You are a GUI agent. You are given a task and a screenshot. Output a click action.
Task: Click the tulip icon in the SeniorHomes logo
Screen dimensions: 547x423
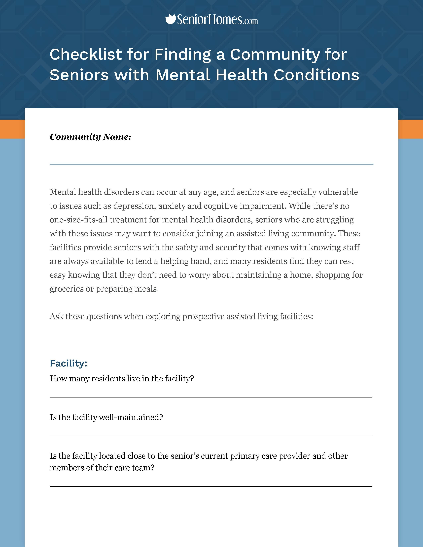click(171, 20)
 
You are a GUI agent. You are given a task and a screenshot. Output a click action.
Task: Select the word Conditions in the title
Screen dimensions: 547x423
click(316, 75)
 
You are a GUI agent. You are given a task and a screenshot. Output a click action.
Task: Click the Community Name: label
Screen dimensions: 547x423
click(90, 137)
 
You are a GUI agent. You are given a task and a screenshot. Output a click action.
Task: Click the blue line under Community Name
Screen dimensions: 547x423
click(211, 164)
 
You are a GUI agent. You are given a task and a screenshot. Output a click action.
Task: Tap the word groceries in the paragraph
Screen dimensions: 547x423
click(66, 289)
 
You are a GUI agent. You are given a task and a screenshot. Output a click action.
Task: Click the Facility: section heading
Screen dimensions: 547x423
click(68, 363)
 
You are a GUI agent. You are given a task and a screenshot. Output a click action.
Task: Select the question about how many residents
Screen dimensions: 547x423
click(122, 378)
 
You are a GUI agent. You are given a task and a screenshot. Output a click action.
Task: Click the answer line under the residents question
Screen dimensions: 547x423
click(211, 397)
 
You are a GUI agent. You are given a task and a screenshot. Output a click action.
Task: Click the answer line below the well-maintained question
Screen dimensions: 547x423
click(211, 436)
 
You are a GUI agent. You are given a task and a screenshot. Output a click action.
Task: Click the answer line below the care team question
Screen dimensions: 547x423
click(211, 487)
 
